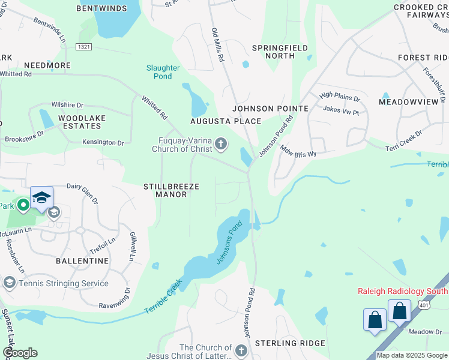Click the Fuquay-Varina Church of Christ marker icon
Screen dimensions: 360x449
coord(221,143)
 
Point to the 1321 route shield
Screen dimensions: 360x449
coord(85,46)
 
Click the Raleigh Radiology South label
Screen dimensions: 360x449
coord(402,291)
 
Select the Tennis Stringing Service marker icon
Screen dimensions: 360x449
coord(10,283)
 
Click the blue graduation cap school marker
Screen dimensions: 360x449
coord(41,197)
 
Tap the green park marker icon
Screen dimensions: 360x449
coord(23,206)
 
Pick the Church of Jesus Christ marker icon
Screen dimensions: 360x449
coord(241,350)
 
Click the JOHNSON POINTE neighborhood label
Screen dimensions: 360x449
coord(270,109)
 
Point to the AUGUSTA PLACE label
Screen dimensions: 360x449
coord(226,121)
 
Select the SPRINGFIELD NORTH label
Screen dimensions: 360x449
coord(280,52)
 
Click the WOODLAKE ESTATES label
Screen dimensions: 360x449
coord(79,122)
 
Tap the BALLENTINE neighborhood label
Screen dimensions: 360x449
coord(82,261)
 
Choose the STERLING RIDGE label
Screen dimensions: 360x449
coord(290,343)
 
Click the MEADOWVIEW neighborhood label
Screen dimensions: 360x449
coord(409,103)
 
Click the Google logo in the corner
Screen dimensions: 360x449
coord(20,353)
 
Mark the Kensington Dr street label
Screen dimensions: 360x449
coord(104,143)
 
